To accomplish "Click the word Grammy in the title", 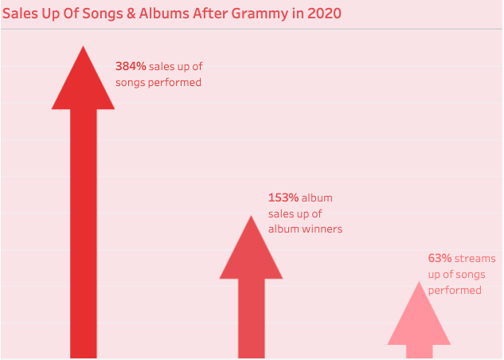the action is pyautogui.click(x=260, y=14).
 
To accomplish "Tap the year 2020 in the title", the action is pyautogui.click(x=324, y=14).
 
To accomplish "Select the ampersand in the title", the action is pyautogui.click(x=131, y=14).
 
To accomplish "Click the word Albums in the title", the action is pyautogui.click(x=164, y=14).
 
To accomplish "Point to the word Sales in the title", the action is pyautogui.click(x=20, y=14).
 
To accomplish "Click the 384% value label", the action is pyautogui.click(x=131, y=66).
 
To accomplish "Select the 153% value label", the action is pyautogui.click(x=283, y=198).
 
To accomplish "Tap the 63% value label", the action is pyautogui.click(x=440, y=258).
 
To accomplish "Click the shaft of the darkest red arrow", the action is pyautogui.click(x=84, y=233).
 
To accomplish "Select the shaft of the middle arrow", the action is pyautogui.click(x=252, y=319).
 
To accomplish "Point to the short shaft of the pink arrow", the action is pyautogui.click(x=419, y=351).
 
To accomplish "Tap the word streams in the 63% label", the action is pyautogui.click(x=475, y=258).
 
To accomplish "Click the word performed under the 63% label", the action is pyautogui.click(x=455, y=291).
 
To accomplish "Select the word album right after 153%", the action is pyautogui.click(x=317, y=198).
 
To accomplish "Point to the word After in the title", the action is pyautogui.click(x=210, y=14).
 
